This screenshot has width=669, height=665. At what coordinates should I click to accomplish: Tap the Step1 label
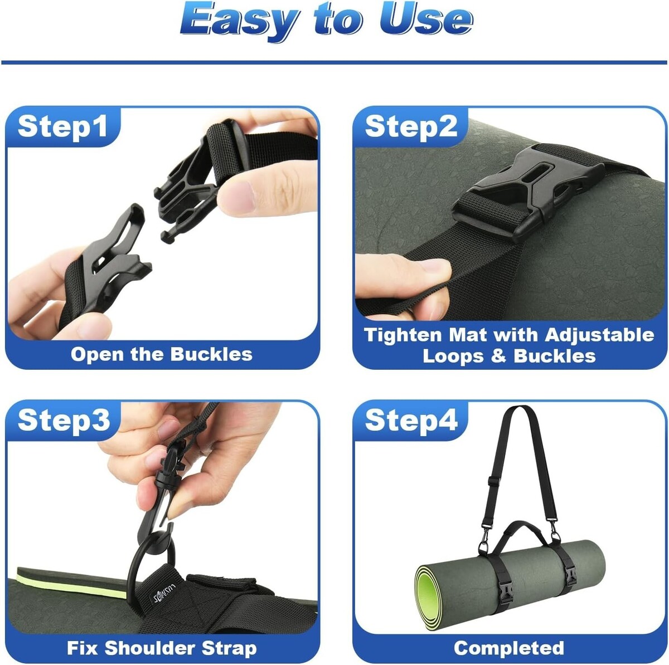coord(62,126)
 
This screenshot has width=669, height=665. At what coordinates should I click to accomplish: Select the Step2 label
coord(411,126)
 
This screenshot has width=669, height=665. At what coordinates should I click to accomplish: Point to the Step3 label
coord(64,420)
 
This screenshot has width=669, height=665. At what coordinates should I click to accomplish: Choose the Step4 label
coord(411,420)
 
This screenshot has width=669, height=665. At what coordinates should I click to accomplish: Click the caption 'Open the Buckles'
coord(162,354)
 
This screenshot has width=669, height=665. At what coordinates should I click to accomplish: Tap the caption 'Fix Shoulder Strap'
coord(162,648)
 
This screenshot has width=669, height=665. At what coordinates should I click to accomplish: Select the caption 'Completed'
coord(509,648)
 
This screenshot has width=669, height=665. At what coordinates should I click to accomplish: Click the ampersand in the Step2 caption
coord(498,356)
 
